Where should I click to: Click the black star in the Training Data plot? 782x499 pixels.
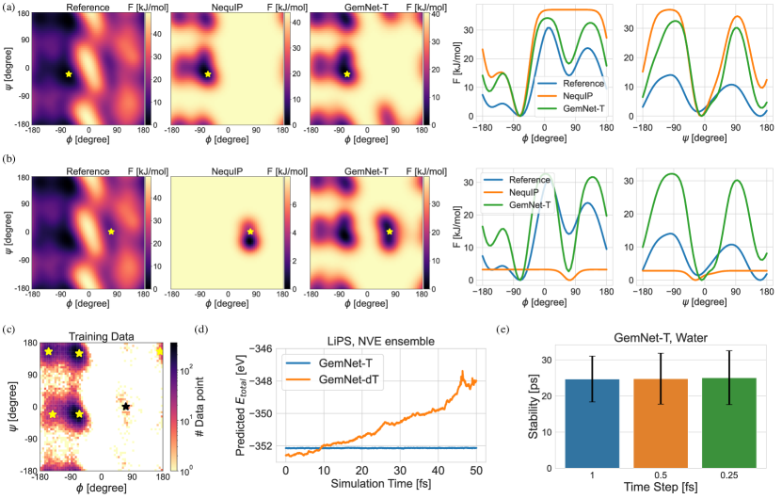point(126,407)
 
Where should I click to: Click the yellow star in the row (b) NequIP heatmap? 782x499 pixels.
point(250,232)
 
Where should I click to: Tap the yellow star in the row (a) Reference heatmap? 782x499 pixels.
point(69,73)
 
